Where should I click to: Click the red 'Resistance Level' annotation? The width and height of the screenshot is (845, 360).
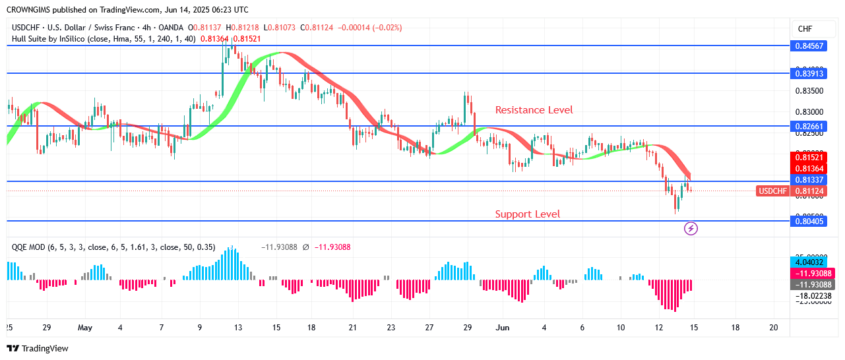point(534,110)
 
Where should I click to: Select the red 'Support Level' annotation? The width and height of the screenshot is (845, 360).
point(527,214)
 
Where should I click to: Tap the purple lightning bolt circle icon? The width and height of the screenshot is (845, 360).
point(691,229)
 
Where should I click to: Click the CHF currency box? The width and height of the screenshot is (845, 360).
point(805,29)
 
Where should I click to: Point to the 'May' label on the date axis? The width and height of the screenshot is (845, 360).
point(85,327)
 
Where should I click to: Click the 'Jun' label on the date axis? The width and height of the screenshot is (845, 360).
point(503,327)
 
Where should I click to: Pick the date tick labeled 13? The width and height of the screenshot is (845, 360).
point(238,327)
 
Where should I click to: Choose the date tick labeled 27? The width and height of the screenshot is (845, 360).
point(430,327)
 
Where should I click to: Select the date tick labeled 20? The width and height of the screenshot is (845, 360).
point(774,327)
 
